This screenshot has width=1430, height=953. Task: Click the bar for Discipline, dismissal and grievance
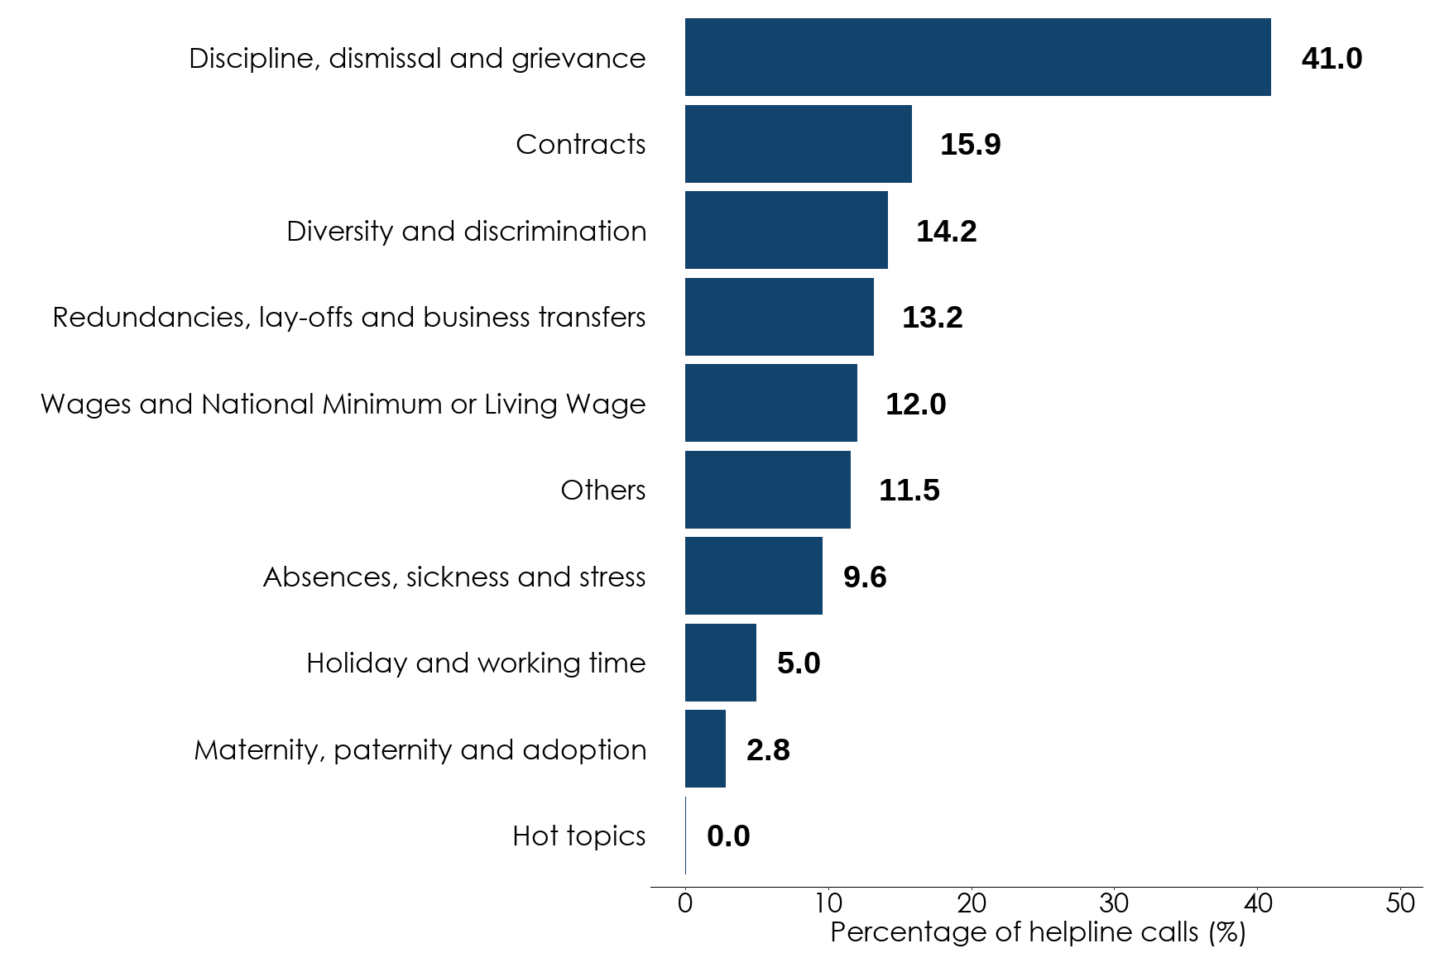point(977,57)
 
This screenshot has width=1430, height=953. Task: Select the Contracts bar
point(798,144)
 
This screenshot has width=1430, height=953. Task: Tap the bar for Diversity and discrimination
point(786,230)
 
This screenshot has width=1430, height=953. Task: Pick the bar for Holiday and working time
point(720,663)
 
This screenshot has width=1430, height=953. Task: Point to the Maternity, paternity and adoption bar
point(705,749)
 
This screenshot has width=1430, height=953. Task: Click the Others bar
point(767,490)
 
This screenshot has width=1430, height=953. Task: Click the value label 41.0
point(1331,59)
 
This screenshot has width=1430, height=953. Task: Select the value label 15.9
point(970,145)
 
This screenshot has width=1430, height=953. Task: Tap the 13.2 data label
point(932,318)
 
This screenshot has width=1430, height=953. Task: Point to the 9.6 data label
point(864,577)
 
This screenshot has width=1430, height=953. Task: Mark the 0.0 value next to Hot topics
point(728,836)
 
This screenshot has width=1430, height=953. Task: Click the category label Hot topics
point(578,836)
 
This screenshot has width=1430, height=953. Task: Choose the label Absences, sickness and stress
point(453,577)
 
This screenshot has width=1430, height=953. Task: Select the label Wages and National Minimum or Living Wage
point(343,404)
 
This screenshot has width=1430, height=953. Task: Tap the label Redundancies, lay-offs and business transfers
point(348,317)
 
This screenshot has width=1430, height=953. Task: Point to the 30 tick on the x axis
point(1114,903)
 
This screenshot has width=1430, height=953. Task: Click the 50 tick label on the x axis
point(1400,903)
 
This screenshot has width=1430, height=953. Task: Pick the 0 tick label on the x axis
point(684,903)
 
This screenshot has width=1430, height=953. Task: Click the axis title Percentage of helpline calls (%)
point(1038,932)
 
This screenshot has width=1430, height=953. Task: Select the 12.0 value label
point(915,404)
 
